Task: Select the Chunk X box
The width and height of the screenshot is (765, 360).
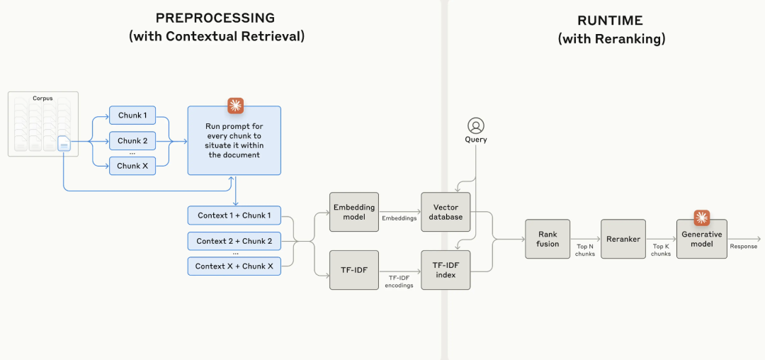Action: [132, 166]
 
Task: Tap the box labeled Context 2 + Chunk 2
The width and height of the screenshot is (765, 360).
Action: [234, 241]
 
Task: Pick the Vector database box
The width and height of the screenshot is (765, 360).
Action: [446, 212]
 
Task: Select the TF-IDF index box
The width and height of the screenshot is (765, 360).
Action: [446, 270]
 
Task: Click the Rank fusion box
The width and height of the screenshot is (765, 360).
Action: [548, 239]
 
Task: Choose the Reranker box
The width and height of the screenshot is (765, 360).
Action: [623, 239]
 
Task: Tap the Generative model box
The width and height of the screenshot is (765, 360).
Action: [701, 239]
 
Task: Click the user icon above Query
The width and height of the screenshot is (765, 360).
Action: [475, 125]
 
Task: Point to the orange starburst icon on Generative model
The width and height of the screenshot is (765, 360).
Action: [701, 218]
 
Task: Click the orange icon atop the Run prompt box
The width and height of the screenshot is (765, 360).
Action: [236, 106]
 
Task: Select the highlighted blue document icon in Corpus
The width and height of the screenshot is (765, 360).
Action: [64, 145]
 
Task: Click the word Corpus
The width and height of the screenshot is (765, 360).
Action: [43, 98]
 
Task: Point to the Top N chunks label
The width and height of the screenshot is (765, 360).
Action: [585, 251]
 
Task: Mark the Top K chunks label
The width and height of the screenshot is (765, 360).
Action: [661, 251]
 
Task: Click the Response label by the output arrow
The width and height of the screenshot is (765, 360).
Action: [744, 247]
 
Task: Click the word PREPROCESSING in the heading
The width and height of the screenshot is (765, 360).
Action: [215, 18]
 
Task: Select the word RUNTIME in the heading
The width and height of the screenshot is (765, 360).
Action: [611, 21]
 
